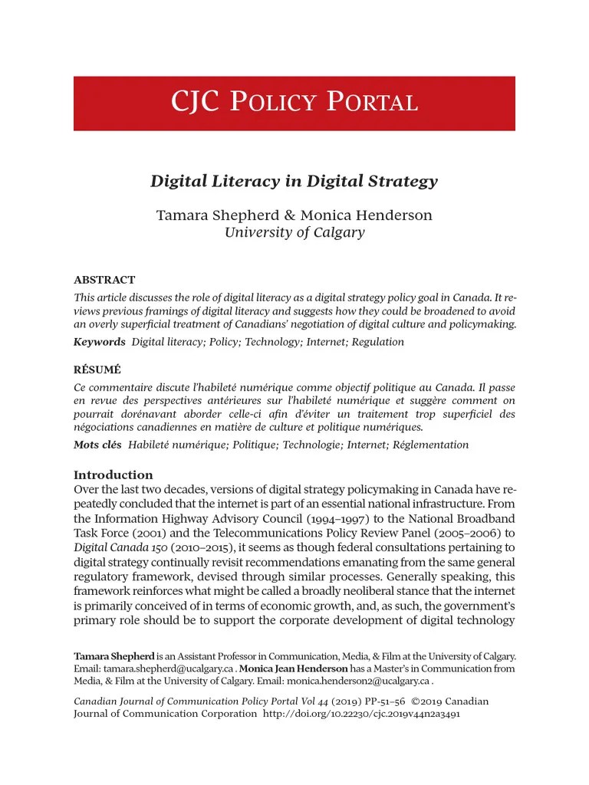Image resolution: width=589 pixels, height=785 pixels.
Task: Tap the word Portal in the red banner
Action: point(372,103)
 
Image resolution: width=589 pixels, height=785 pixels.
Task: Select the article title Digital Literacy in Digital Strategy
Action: point(294,182)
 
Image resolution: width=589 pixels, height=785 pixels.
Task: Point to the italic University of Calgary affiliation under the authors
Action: point(294,233)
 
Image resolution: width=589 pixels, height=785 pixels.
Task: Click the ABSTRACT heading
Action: point(104,280)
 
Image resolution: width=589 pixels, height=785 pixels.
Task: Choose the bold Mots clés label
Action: point(97,445)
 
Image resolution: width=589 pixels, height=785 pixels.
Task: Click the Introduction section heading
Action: point(113,475)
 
